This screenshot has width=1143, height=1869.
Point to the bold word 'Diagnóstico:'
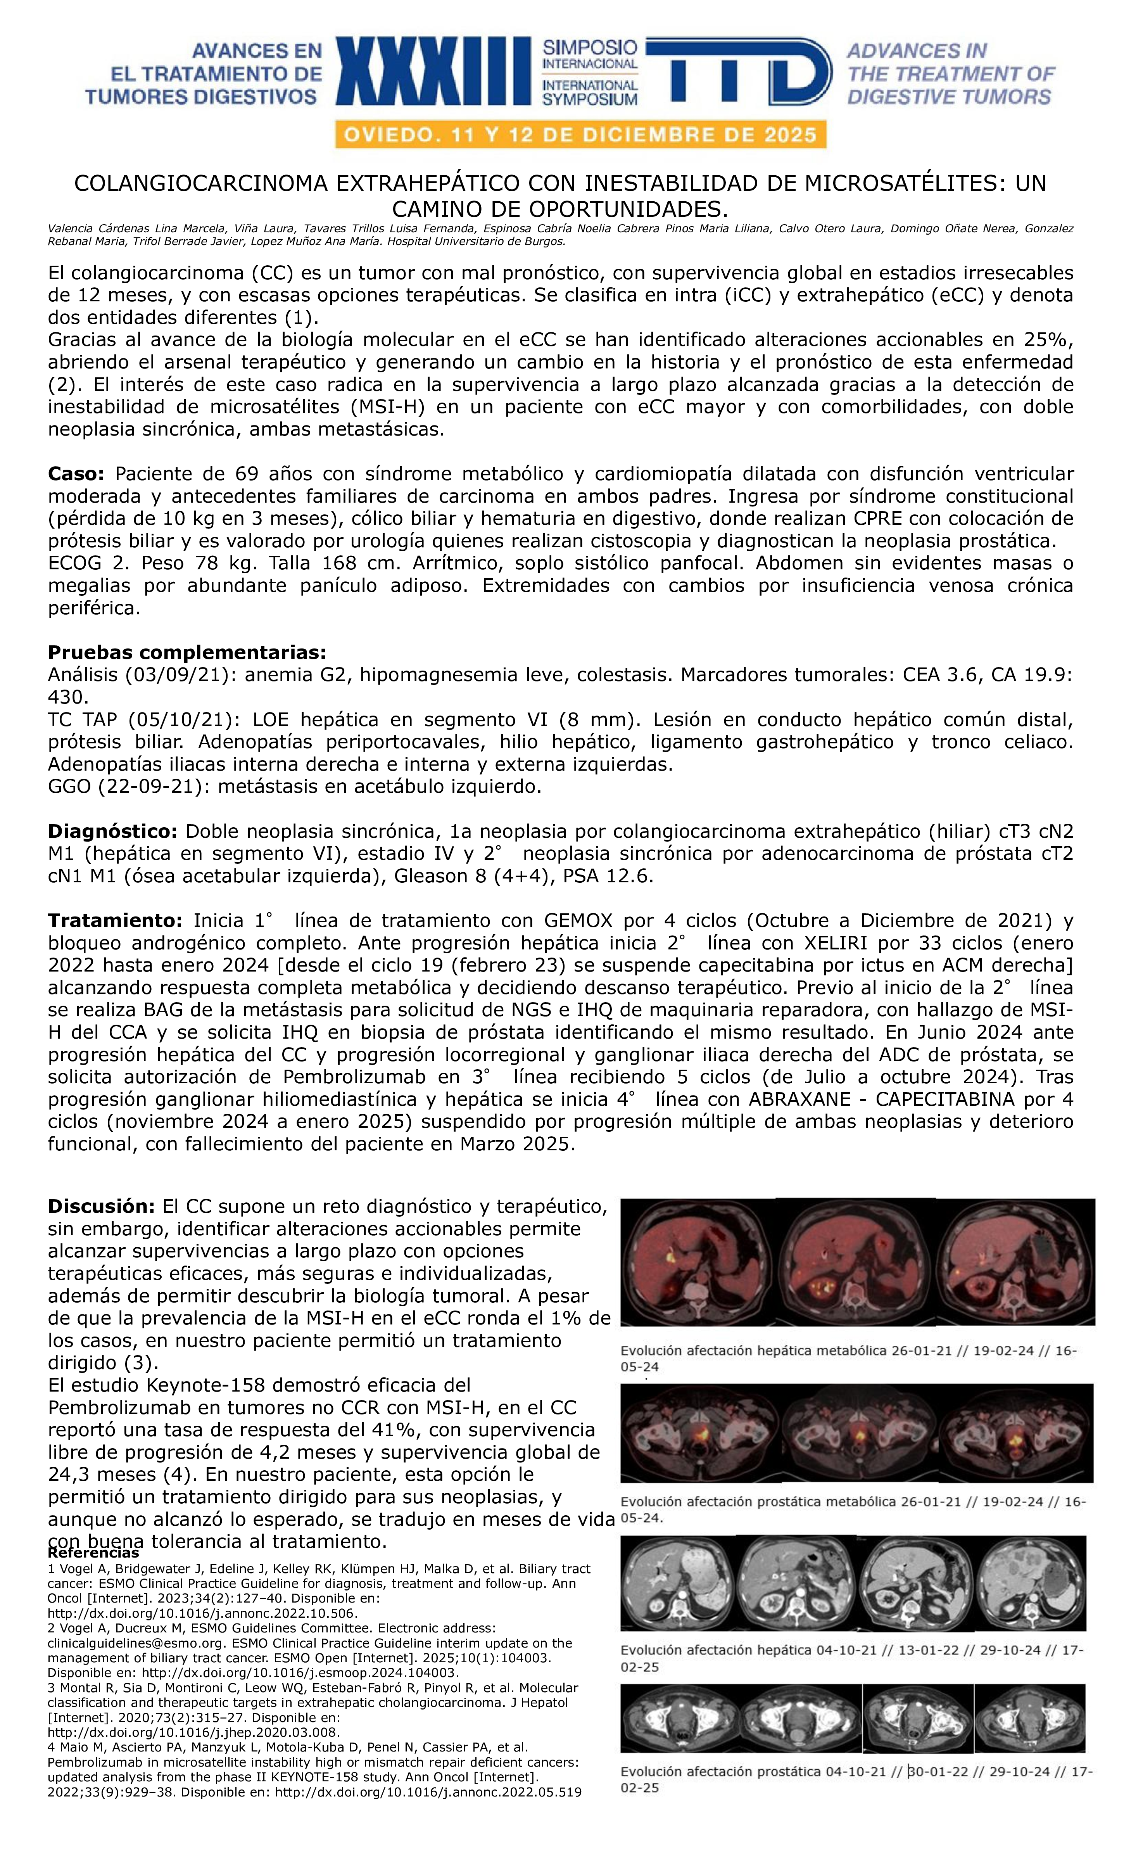tap(112, 832)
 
